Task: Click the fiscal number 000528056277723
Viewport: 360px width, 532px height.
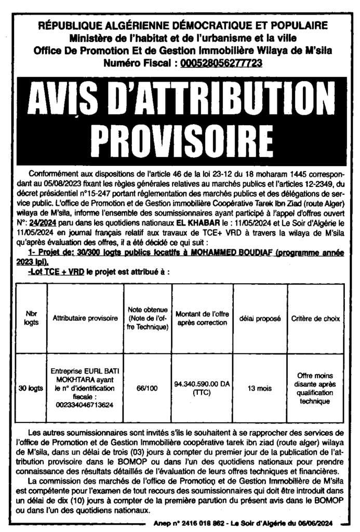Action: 219,63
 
